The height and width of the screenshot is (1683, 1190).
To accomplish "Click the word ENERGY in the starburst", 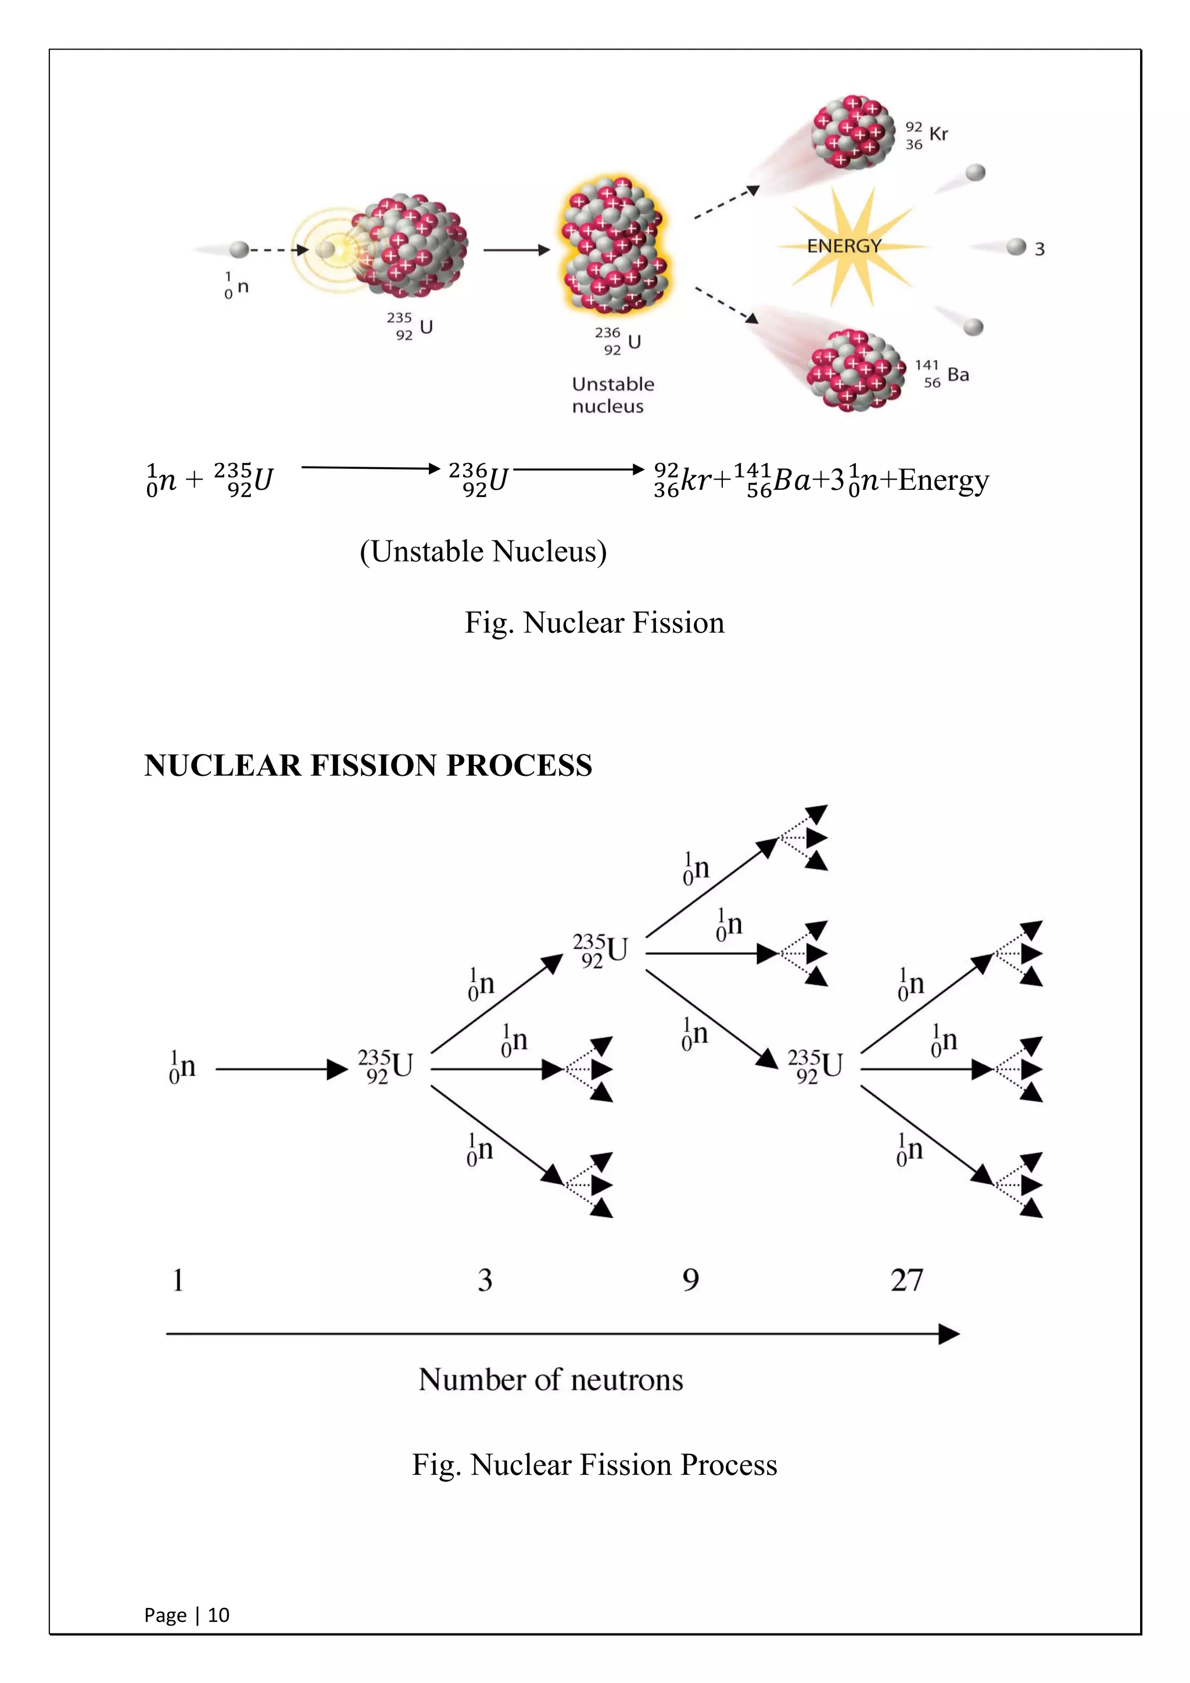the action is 844,246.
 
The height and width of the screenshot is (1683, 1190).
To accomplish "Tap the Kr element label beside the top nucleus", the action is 938,134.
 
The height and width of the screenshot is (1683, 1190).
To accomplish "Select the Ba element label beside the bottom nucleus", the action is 958,375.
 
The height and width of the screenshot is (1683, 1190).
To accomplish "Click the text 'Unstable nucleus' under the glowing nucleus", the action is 612,395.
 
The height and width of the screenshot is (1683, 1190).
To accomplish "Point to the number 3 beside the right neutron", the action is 1039,249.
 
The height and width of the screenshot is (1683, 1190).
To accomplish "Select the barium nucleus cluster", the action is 855,370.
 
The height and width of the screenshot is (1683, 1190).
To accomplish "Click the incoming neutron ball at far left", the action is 239,249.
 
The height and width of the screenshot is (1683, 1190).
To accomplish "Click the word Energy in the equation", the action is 944,481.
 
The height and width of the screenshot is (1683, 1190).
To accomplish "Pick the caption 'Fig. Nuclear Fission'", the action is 594,623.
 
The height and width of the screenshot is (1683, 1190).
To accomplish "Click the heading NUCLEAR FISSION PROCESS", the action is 368,765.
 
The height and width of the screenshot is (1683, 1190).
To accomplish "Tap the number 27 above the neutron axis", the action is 906,1281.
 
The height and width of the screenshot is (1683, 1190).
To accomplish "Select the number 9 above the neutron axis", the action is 690,1281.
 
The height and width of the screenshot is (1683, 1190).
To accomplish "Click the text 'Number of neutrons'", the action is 551,1380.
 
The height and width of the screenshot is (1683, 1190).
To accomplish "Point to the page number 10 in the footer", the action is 218,1615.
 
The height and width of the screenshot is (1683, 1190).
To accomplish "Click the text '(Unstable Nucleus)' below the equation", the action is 483,552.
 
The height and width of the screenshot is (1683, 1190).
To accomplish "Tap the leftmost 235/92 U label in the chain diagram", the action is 385,1066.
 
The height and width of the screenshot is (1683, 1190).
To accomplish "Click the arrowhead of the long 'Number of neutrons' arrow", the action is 949,1334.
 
